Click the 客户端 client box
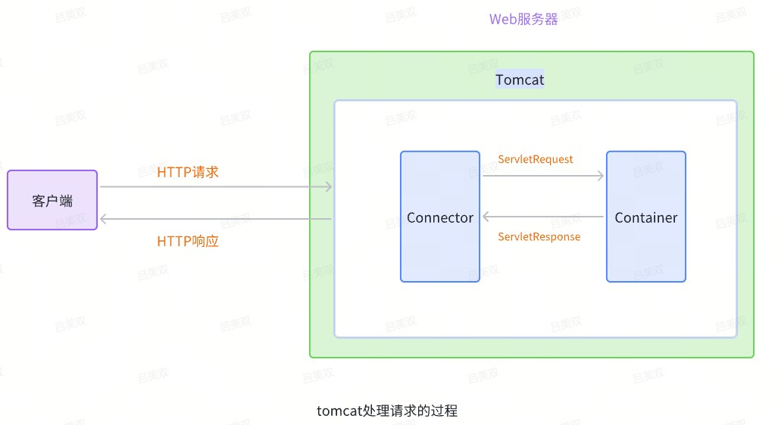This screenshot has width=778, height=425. [52, 200]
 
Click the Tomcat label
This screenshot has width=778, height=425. [520, 80]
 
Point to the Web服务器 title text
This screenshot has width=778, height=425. [523, 20]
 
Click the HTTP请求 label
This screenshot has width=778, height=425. [188, 172]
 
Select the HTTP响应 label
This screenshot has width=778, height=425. [188, 242]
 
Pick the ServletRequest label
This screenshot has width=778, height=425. [536, 159]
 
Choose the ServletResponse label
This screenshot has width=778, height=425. [539, 236]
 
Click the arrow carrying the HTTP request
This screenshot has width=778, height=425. [216, 186]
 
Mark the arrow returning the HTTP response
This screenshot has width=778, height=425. [216, 219]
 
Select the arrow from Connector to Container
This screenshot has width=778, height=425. [543, 176]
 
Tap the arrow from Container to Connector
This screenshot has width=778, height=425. [543, 217]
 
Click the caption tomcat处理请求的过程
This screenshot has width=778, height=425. [387, 411]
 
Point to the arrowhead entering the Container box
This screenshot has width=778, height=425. [601, 176]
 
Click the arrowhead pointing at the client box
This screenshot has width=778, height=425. [105, 219]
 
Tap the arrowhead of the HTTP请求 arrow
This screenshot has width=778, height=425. [329, 186]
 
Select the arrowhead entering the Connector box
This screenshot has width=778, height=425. [486, 217]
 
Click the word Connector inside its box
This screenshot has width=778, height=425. [440, 217]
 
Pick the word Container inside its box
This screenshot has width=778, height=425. [646, 217]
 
